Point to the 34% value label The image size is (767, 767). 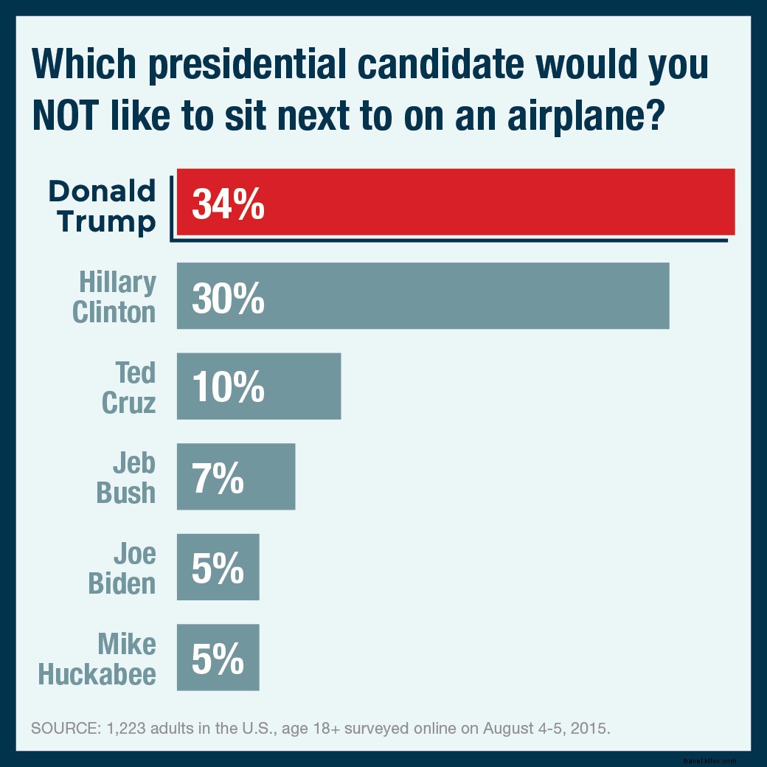(x=228, y=204)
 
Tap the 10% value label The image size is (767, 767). (x=228, y=387)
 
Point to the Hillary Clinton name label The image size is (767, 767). (x=114, y=296)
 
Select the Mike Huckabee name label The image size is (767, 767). (x=97, y=659)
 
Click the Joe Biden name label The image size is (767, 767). (x=122, y=568)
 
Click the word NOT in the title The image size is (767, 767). (x=73, y=116)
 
